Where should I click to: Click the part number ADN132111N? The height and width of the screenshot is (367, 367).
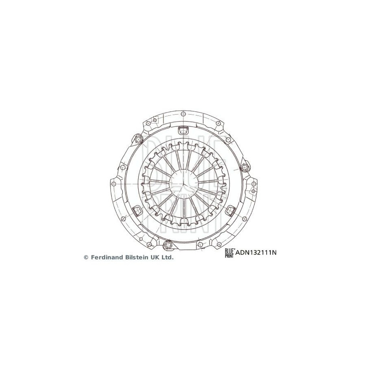click(x=256, y=252)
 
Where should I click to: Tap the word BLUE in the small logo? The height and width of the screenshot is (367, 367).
click(x=229, y=251)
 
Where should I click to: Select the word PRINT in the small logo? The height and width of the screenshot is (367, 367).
click(x=229, y=256)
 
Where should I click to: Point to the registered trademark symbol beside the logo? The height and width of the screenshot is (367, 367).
click(x=234, y=249)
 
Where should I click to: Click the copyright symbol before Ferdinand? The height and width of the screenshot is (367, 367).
click(x=86, y=257)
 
